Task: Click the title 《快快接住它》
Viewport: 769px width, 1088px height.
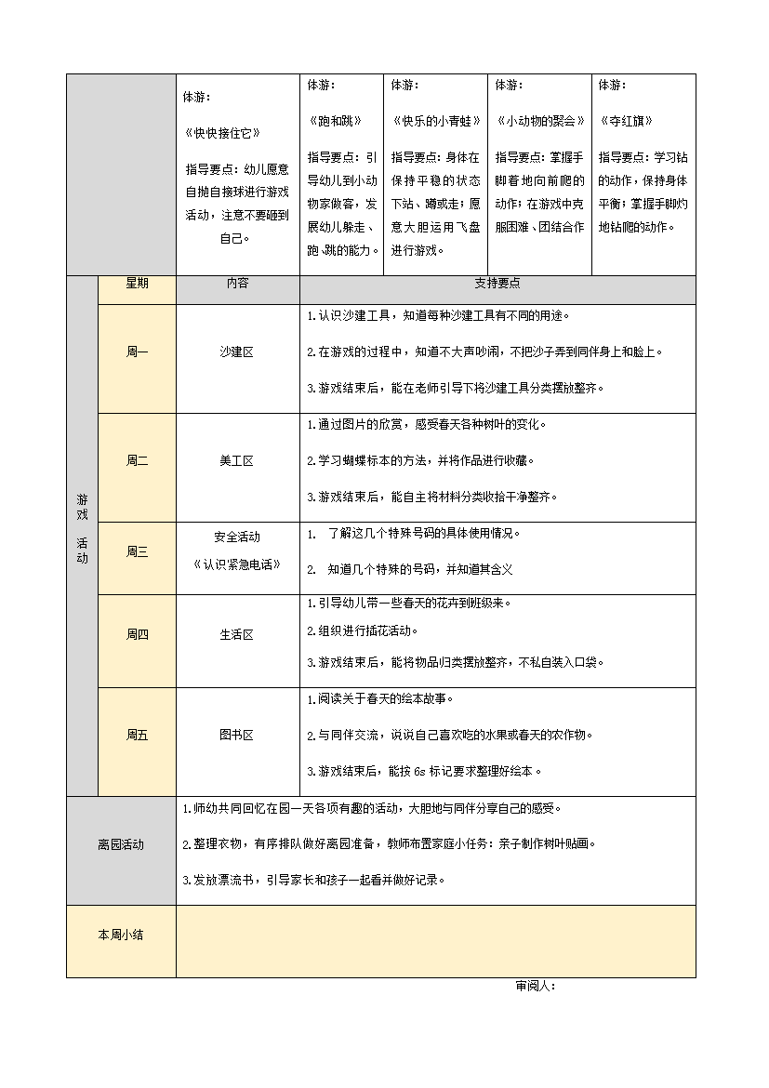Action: (x=222, y=133)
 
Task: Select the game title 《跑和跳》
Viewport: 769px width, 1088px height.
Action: (x=334, y=121)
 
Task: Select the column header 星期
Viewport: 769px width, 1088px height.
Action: (x=137, y=284)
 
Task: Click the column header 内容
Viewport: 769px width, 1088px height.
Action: (x=237, y=284)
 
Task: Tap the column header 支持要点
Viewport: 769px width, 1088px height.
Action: (x=497, y=284)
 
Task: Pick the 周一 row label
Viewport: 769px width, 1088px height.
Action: (x=137, y=352)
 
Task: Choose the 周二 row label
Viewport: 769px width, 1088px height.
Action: (x=137, y=460)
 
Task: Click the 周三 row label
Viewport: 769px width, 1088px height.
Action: (x=137, y=551)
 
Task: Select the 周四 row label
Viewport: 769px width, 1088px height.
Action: (x=137, y=635)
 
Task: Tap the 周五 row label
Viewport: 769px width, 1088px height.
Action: (x=137, y=736)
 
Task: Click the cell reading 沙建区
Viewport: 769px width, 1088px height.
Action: (x=237, y=352)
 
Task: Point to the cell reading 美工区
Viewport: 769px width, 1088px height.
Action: (x=237, y=460)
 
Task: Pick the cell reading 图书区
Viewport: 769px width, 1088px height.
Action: (x=237, y=736)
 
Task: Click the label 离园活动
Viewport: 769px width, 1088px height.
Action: (x=121, y=844)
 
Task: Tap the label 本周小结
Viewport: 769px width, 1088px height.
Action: (x=121, y=935)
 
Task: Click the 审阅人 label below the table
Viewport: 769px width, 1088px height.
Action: (x=535, y=987)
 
